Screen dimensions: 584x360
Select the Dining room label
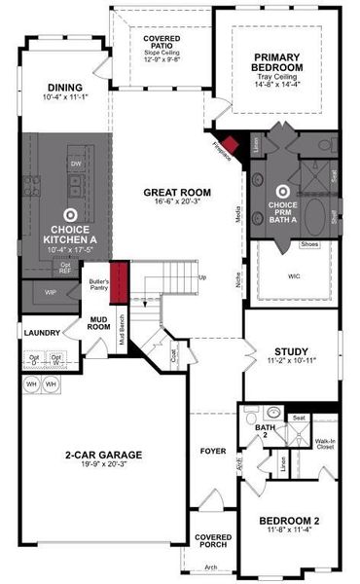(x=65, y=86)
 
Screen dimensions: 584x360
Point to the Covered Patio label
(x=160, y=40)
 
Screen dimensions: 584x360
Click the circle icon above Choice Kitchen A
(x=70, y=210)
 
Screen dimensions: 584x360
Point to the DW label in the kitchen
(x=76, y=164)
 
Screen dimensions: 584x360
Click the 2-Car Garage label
(x=103, y=454)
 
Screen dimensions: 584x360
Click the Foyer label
(x=213, y=451)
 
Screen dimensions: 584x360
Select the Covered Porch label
(x=212, y=541)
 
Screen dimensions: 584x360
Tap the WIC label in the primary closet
(x=294, y=274)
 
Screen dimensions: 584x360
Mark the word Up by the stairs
(x=202, y=277)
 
